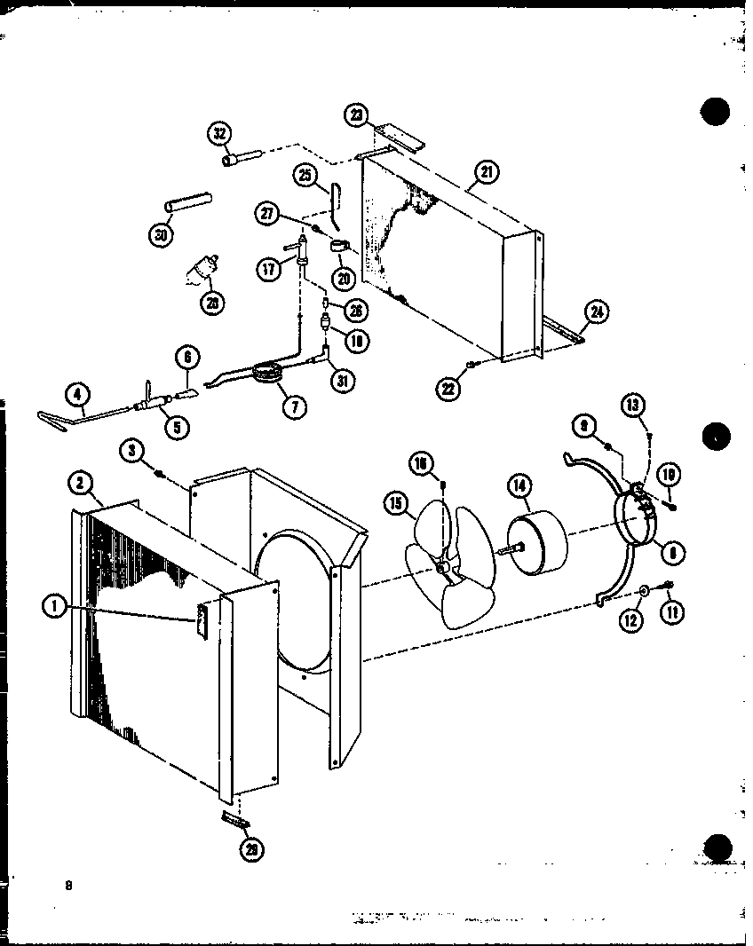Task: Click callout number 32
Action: (219, 134)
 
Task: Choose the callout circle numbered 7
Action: (293, 406)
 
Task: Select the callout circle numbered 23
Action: (356, 114)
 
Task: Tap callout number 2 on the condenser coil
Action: (80, 484)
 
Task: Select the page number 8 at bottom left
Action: (67, 885)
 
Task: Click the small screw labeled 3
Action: (160, 475)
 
